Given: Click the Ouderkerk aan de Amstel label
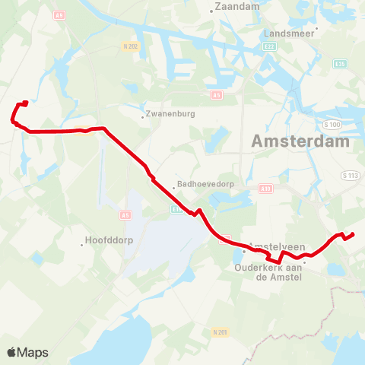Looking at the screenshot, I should (x=269, y=272).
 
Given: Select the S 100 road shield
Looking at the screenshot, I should (x=332, y=124).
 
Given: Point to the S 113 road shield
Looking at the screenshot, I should (x=350, y=176).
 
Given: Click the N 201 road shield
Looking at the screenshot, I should (x=221, y=332).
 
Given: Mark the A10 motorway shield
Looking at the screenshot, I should (x=265, y=188).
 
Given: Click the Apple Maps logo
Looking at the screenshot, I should (x=27, y=352).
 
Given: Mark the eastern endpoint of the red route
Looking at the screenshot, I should (x=354, y=233).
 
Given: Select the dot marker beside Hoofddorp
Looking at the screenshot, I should (x=81, y=244).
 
